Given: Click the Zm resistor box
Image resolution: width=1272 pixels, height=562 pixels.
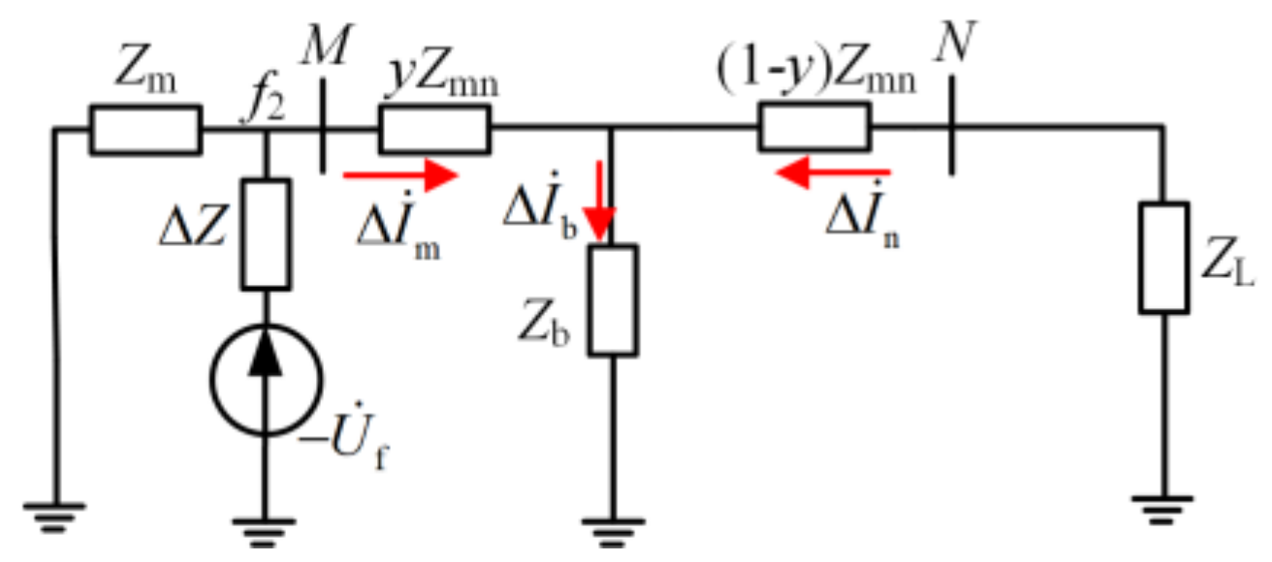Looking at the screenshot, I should click(x=146, y=130).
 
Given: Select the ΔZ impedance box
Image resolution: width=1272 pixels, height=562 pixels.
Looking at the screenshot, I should click(x=265, y=234).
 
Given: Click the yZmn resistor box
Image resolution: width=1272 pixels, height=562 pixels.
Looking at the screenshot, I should click(x=433, y=130).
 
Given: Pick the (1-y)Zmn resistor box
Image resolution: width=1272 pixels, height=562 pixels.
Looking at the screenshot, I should click(x=814, y=130).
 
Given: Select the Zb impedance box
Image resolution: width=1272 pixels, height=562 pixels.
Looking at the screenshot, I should click(x=614, y=300).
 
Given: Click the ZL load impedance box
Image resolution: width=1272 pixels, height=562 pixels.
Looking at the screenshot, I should click(x=1163, y=258).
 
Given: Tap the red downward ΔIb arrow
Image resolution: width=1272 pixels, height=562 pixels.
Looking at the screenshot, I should click(x=602, y=204).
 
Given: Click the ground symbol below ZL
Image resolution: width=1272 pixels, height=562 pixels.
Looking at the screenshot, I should click(x=1163, y=504).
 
